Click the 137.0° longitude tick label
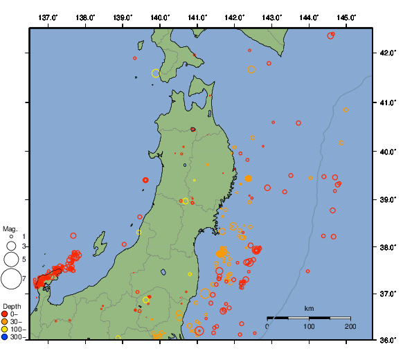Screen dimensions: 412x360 [x=48, y=17]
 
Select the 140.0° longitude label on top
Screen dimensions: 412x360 [x=160, y=17]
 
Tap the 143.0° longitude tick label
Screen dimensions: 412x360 [x=272, y=17]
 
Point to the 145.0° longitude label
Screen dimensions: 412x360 [x=347, y=17]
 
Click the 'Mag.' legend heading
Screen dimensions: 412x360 [x=9, y=228]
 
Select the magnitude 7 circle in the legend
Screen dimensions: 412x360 [x=11, y=279]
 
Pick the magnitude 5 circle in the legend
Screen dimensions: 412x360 [x=11, y=260]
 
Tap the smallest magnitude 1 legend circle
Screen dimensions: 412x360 [x=11, y=237]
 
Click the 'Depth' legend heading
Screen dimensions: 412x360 [x=12, y=306]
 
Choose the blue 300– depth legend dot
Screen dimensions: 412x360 [x=6, y=337]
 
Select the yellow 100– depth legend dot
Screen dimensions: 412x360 [x=6, y=330]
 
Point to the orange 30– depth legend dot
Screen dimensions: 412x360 [x=6, y=322]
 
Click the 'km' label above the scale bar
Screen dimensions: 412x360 [x=309, y=308]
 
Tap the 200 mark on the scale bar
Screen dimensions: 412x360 [x=350, y=326]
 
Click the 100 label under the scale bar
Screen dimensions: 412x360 [x=309, y=326]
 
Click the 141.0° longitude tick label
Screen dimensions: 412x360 [x=197, y=17]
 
